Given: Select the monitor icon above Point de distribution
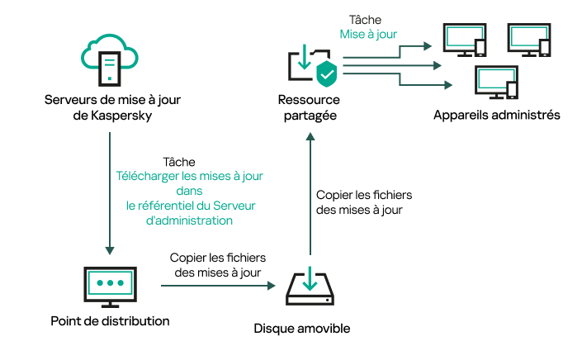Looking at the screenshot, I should pos(109,287).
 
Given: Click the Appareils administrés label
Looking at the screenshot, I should pos(496,115).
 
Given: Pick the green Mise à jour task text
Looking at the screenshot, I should pos(368,35).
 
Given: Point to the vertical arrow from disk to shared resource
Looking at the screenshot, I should pos(309,198).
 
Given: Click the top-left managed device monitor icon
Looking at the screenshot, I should pos(464,38).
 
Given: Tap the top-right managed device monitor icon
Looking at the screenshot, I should pos(528,38).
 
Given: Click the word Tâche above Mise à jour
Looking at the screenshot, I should pos(367,20).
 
